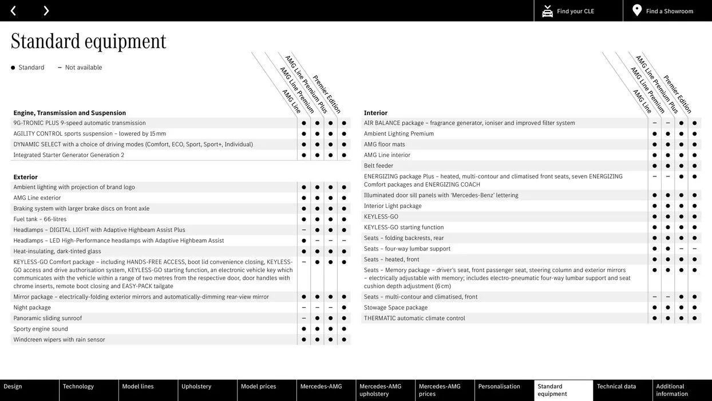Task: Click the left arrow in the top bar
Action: coord(13,11)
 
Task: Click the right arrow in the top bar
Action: coord(46,11)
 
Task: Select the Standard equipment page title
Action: coord(89,41)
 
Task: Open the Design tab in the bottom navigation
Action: coord(13,387)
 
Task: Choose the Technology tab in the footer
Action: coord(78,387)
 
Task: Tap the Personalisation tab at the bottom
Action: coord(499,387)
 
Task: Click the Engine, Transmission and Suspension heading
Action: coord(70,113)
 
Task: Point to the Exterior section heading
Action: coord(26,177)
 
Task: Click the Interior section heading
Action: coord(376,113)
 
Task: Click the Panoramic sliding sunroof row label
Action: coord(48,319)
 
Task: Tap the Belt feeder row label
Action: coord(379,166)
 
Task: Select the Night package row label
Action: coord(32,308)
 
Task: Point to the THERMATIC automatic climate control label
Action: coord(414,319)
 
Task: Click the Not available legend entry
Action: coord(83,68)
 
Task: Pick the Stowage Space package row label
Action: coord(396,308)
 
